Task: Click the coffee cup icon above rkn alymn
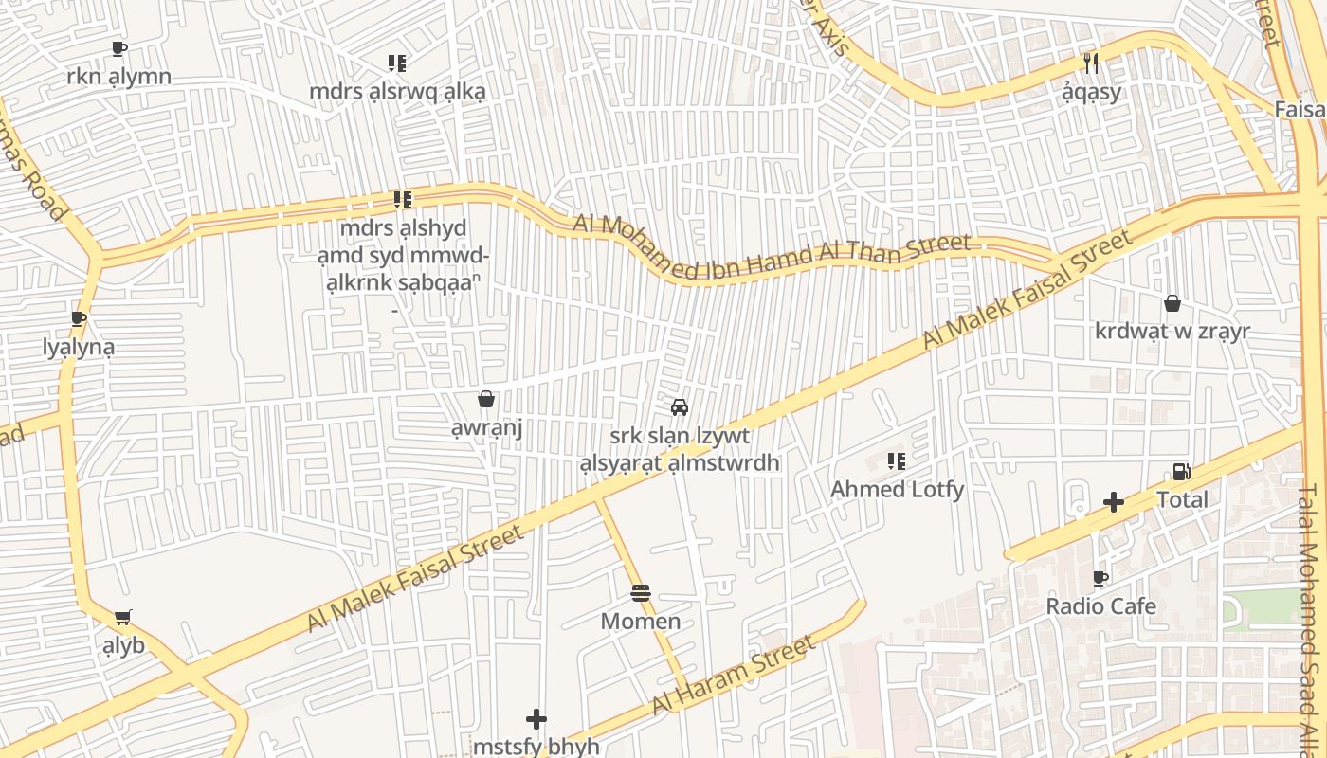point(118,48)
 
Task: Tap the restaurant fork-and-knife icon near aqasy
point(1091,63)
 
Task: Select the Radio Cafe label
point(1100,606)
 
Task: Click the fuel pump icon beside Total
point(1181,472)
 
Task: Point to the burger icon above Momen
point(641,594)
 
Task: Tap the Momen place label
point(641,622)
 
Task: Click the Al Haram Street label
point(733,677)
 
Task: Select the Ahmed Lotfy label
point(897,490)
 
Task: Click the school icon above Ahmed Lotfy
point(896,462)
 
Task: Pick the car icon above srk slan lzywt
point(679,407)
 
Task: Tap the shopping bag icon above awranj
point(486,400)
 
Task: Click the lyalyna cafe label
point(79,347)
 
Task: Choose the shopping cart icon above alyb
point(122,618)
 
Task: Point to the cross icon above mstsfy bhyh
point(536,719)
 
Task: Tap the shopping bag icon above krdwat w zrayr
point(1172,303)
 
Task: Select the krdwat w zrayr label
point(1172,332)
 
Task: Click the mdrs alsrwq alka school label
point(398,92)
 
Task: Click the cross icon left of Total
point(1114,502)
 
